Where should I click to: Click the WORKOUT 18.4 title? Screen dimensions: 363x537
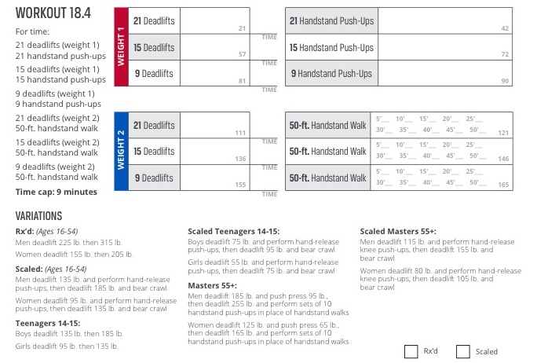pos(53,15)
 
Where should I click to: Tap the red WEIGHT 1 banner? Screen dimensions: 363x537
pos(121,47)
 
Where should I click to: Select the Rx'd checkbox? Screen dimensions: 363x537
pos(411,352)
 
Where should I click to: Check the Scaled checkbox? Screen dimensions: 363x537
pos(463,352)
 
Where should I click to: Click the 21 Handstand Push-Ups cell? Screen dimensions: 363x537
pos(331,20)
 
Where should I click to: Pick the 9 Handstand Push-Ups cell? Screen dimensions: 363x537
pos(331,74)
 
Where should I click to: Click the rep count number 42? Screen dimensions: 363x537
pos(505,27)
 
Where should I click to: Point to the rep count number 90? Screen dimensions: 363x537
pos(505,81)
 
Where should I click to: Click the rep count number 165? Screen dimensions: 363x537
pos(503,185)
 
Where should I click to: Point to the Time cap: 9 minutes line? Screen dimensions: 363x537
pos(57,192)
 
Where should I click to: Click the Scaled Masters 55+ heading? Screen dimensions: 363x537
pos(398,232)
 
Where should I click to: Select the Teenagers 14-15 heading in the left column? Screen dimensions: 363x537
pos(46,323)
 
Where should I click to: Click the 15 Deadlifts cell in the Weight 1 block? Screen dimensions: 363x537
pos(153,47)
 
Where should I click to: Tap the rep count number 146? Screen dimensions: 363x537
pos(503,159)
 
